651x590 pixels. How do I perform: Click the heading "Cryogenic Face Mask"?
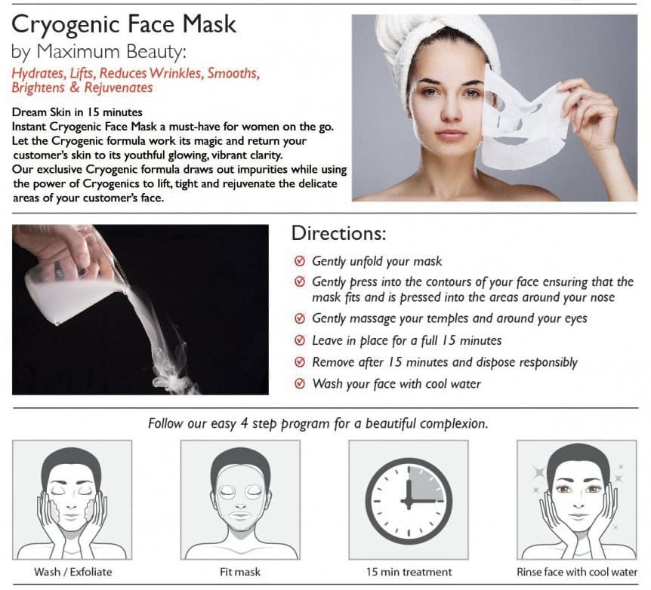tap(124, 25)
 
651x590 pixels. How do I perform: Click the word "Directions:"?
tap(338, 233)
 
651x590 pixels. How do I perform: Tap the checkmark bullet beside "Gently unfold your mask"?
tap(300, 261)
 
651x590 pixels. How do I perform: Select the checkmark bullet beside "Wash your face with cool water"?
tap(300, 383)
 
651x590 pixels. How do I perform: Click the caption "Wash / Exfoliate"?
tap(73, 572)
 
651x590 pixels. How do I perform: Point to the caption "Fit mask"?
tap(240, 572)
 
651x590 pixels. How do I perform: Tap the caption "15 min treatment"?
tap(409, 572)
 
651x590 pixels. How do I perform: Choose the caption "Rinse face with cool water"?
tap(577, 572)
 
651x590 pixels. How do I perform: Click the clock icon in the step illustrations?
tap(409, 501)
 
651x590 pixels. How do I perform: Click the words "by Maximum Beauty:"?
tap(99, 52)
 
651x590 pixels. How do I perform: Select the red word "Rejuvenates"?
tap(119, 88)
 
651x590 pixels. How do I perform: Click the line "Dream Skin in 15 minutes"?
tap(77, 112)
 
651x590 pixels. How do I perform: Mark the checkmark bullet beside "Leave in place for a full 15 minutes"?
tap(300, 340)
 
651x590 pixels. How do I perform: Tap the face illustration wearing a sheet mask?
tap(240, 502)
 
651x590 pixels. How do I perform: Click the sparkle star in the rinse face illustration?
tap(540, 473)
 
